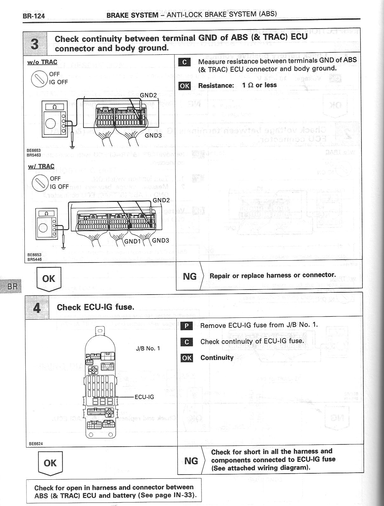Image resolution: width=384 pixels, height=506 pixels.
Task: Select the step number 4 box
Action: (x=37, y=307)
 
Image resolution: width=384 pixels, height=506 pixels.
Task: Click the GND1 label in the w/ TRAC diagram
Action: (x=132, y=241)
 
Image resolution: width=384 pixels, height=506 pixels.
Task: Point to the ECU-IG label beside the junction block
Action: (x=144, y=397)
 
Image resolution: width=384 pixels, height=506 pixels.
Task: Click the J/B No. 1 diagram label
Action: (x=148, y=348)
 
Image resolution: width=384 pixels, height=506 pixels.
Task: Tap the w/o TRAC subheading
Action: (x=42, y=62)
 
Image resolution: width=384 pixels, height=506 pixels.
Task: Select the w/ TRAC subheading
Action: (x=41, y=166)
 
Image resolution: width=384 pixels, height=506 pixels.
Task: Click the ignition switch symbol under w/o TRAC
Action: (x=39, y=78)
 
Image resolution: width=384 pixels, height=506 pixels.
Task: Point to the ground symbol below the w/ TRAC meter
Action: (x=64, y=247)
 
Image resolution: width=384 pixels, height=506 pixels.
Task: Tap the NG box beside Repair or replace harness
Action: (x=190, y=276)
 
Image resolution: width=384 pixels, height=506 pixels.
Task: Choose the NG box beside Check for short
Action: (x=191, y=461)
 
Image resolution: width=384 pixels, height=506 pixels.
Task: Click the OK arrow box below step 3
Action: (x=49, y=279)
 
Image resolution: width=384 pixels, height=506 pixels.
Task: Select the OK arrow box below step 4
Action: (x=50, y=463)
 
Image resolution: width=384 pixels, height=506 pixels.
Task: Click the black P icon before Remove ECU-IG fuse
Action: (x=187, y=326)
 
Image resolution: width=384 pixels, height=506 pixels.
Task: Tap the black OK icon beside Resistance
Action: (x=184, y=86)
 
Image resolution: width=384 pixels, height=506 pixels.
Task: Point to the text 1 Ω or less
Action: (x=259, y=85)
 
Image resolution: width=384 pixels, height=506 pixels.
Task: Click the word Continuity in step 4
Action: (x=217, y=358)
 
